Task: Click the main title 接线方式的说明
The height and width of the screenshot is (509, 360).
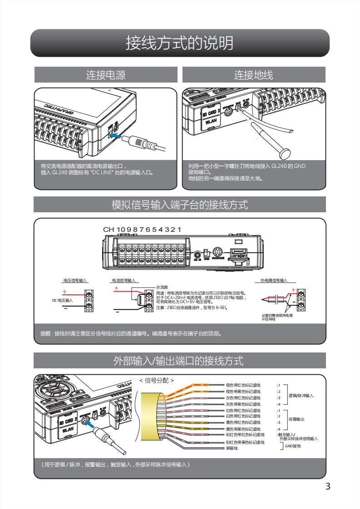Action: tap(180, 43)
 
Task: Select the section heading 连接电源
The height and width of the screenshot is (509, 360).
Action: tap(106, 75)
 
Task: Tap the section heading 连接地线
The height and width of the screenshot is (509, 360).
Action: tap(254, 75)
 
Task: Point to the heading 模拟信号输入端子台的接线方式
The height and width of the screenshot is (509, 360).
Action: tap(180, 205)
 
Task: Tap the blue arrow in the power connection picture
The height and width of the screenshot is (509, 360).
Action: tap(116, 136)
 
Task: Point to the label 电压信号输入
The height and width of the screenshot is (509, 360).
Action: tap(75, 280)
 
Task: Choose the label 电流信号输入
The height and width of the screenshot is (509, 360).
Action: tap(124, 280)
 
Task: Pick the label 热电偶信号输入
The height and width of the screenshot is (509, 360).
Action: tap(274, 280)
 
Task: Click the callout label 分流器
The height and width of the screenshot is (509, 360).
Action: tap(162, 287)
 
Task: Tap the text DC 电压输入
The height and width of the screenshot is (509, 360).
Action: tap(62, 300)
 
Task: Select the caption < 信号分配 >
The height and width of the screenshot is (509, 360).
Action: tap(156, 381)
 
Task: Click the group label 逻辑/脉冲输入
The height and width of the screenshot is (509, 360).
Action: tap(301, 396)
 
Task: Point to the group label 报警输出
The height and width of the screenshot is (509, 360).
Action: tap(296, 419)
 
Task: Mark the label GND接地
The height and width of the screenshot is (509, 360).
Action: tap(293, 446)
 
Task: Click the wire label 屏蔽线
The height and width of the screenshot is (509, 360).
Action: tap(232, 448)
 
